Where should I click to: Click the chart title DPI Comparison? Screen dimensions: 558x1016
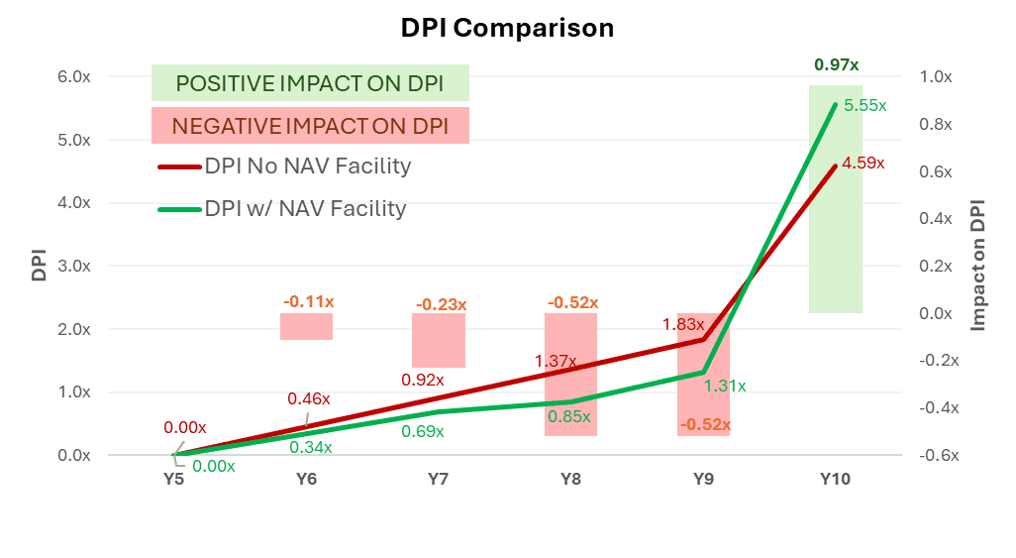pyautogui.click(x=507, y=28)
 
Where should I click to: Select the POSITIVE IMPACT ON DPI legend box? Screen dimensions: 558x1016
pyautogui.click(x=310, y=83)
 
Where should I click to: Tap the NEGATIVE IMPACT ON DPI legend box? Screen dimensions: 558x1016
pyautogui.click(x=310, y=126)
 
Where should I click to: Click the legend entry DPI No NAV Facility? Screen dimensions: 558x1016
pyautogui.click(x=306, y=167)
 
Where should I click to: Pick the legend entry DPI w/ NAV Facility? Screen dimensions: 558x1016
pyautogui.click(x=304, y=209)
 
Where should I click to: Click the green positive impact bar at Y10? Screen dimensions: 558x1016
pyautogui.click(x=836, y=198)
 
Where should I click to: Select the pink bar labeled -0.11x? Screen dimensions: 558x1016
pyautogui.click(x=306, y=326)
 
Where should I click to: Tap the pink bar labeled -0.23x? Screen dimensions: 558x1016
pyautogui.click(x=439, y=340)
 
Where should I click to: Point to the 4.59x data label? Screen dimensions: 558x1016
pyautogui.click(x=864, y=164)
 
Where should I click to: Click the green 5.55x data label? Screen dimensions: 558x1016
pyautogui.click(x=864, y=105)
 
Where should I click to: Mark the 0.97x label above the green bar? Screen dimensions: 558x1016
pyautogui.click(x=836, y=64)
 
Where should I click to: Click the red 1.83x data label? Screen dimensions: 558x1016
pyautogui.click(x=683, y=324)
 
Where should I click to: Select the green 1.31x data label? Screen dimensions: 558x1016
pyautogui.click(x=725, y=386)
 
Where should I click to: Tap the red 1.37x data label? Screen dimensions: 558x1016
pyautogui.click(x=556, y=361)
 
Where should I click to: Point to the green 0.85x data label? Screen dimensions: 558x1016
pyautogui.click(x=570, y=416)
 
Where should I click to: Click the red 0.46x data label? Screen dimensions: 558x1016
pyautogui.click(x=308, y=398)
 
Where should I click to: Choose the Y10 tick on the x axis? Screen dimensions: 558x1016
pyautogui.click(x=836, y=480)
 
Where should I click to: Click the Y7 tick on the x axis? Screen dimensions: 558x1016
pyautogui.click(x=439, y=480)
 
